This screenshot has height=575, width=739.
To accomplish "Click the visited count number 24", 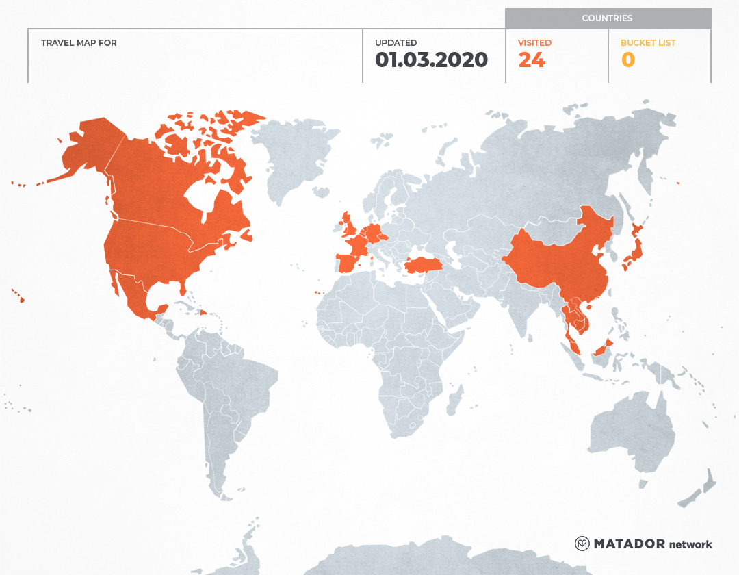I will (x=532, y=60).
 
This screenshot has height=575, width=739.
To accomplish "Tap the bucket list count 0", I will (x=627, y=60).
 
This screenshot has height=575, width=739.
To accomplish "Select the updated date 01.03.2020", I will (x=431, y=60).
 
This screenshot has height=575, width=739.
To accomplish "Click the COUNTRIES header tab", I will (x=607, y=18).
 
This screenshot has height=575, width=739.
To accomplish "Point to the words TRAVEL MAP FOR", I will (x=79, y=43).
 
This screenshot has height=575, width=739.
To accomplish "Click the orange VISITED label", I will (x=534, y=43).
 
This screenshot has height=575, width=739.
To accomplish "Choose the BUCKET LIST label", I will (x=647, y=43).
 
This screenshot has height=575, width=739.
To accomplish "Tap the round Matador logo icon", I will (x=582, y=544).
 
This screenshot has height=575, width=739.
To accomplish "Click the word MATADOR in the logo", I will (x=629, y=544).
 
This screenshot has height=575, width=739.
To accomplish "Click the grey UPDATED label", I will (x=396, y=43).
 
